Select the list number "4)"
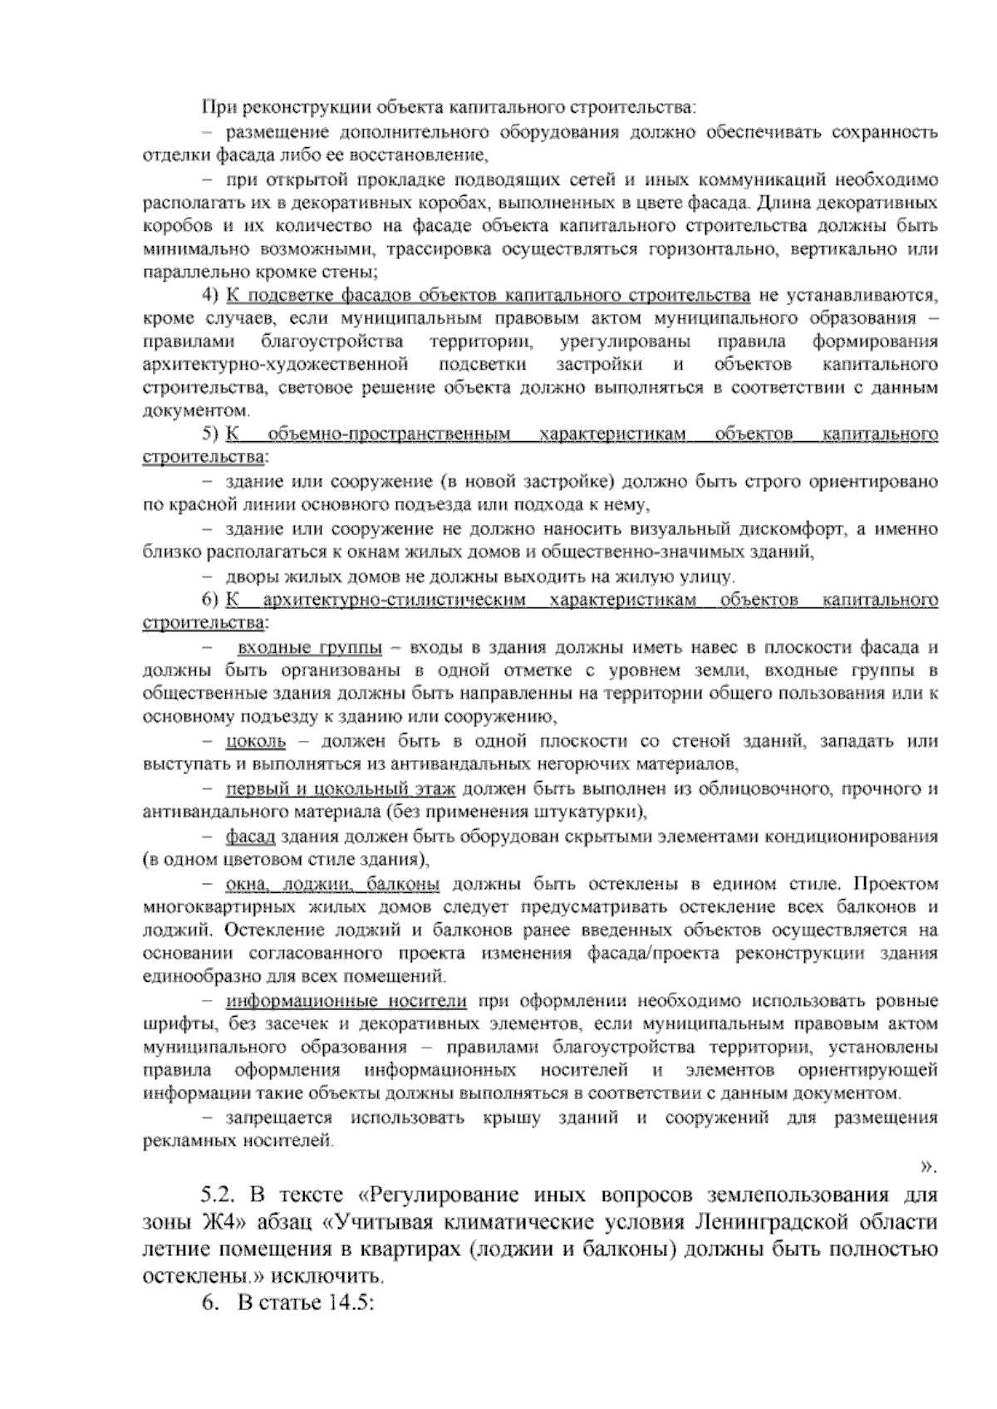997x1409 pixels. pos(210,296)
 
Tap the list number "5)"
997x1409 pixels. pos(210,434)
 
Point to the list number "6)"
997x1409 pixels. pos(210,600)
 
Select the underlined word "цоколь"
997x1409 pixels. pos(256,741)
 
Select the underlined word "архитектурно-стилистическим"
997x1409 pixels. pos(395,600)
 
